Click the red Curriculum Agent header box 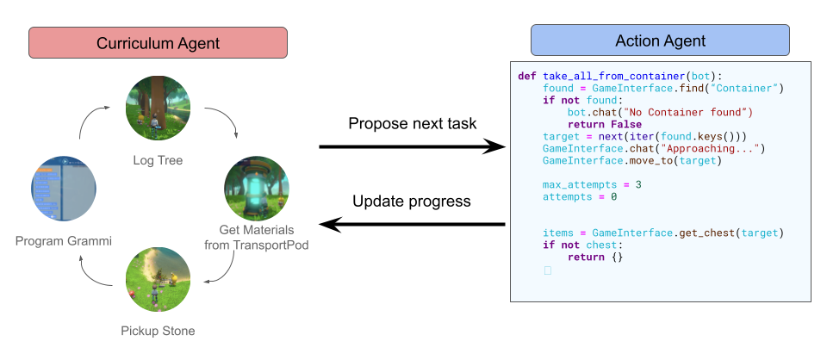tap(157, 42)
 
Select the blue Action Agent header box tap(660, 40)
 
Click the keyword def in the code tap(527, 76)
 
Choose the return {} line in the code tap(594, 257)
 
